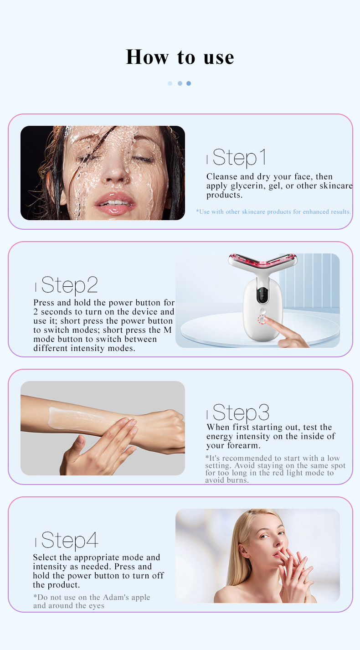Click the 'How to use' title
pos(180,57)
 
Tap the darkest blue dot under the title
pos(189,83)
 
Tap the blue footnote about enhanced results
pos(273,212)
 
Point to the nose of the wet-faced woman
pos(117,171)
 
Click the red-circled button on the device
pos(262,320)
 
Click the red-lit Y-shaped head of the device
pos(262,262)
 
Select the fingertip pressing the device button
pos(265,320)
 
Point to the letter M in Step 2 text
pos(168,330)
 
